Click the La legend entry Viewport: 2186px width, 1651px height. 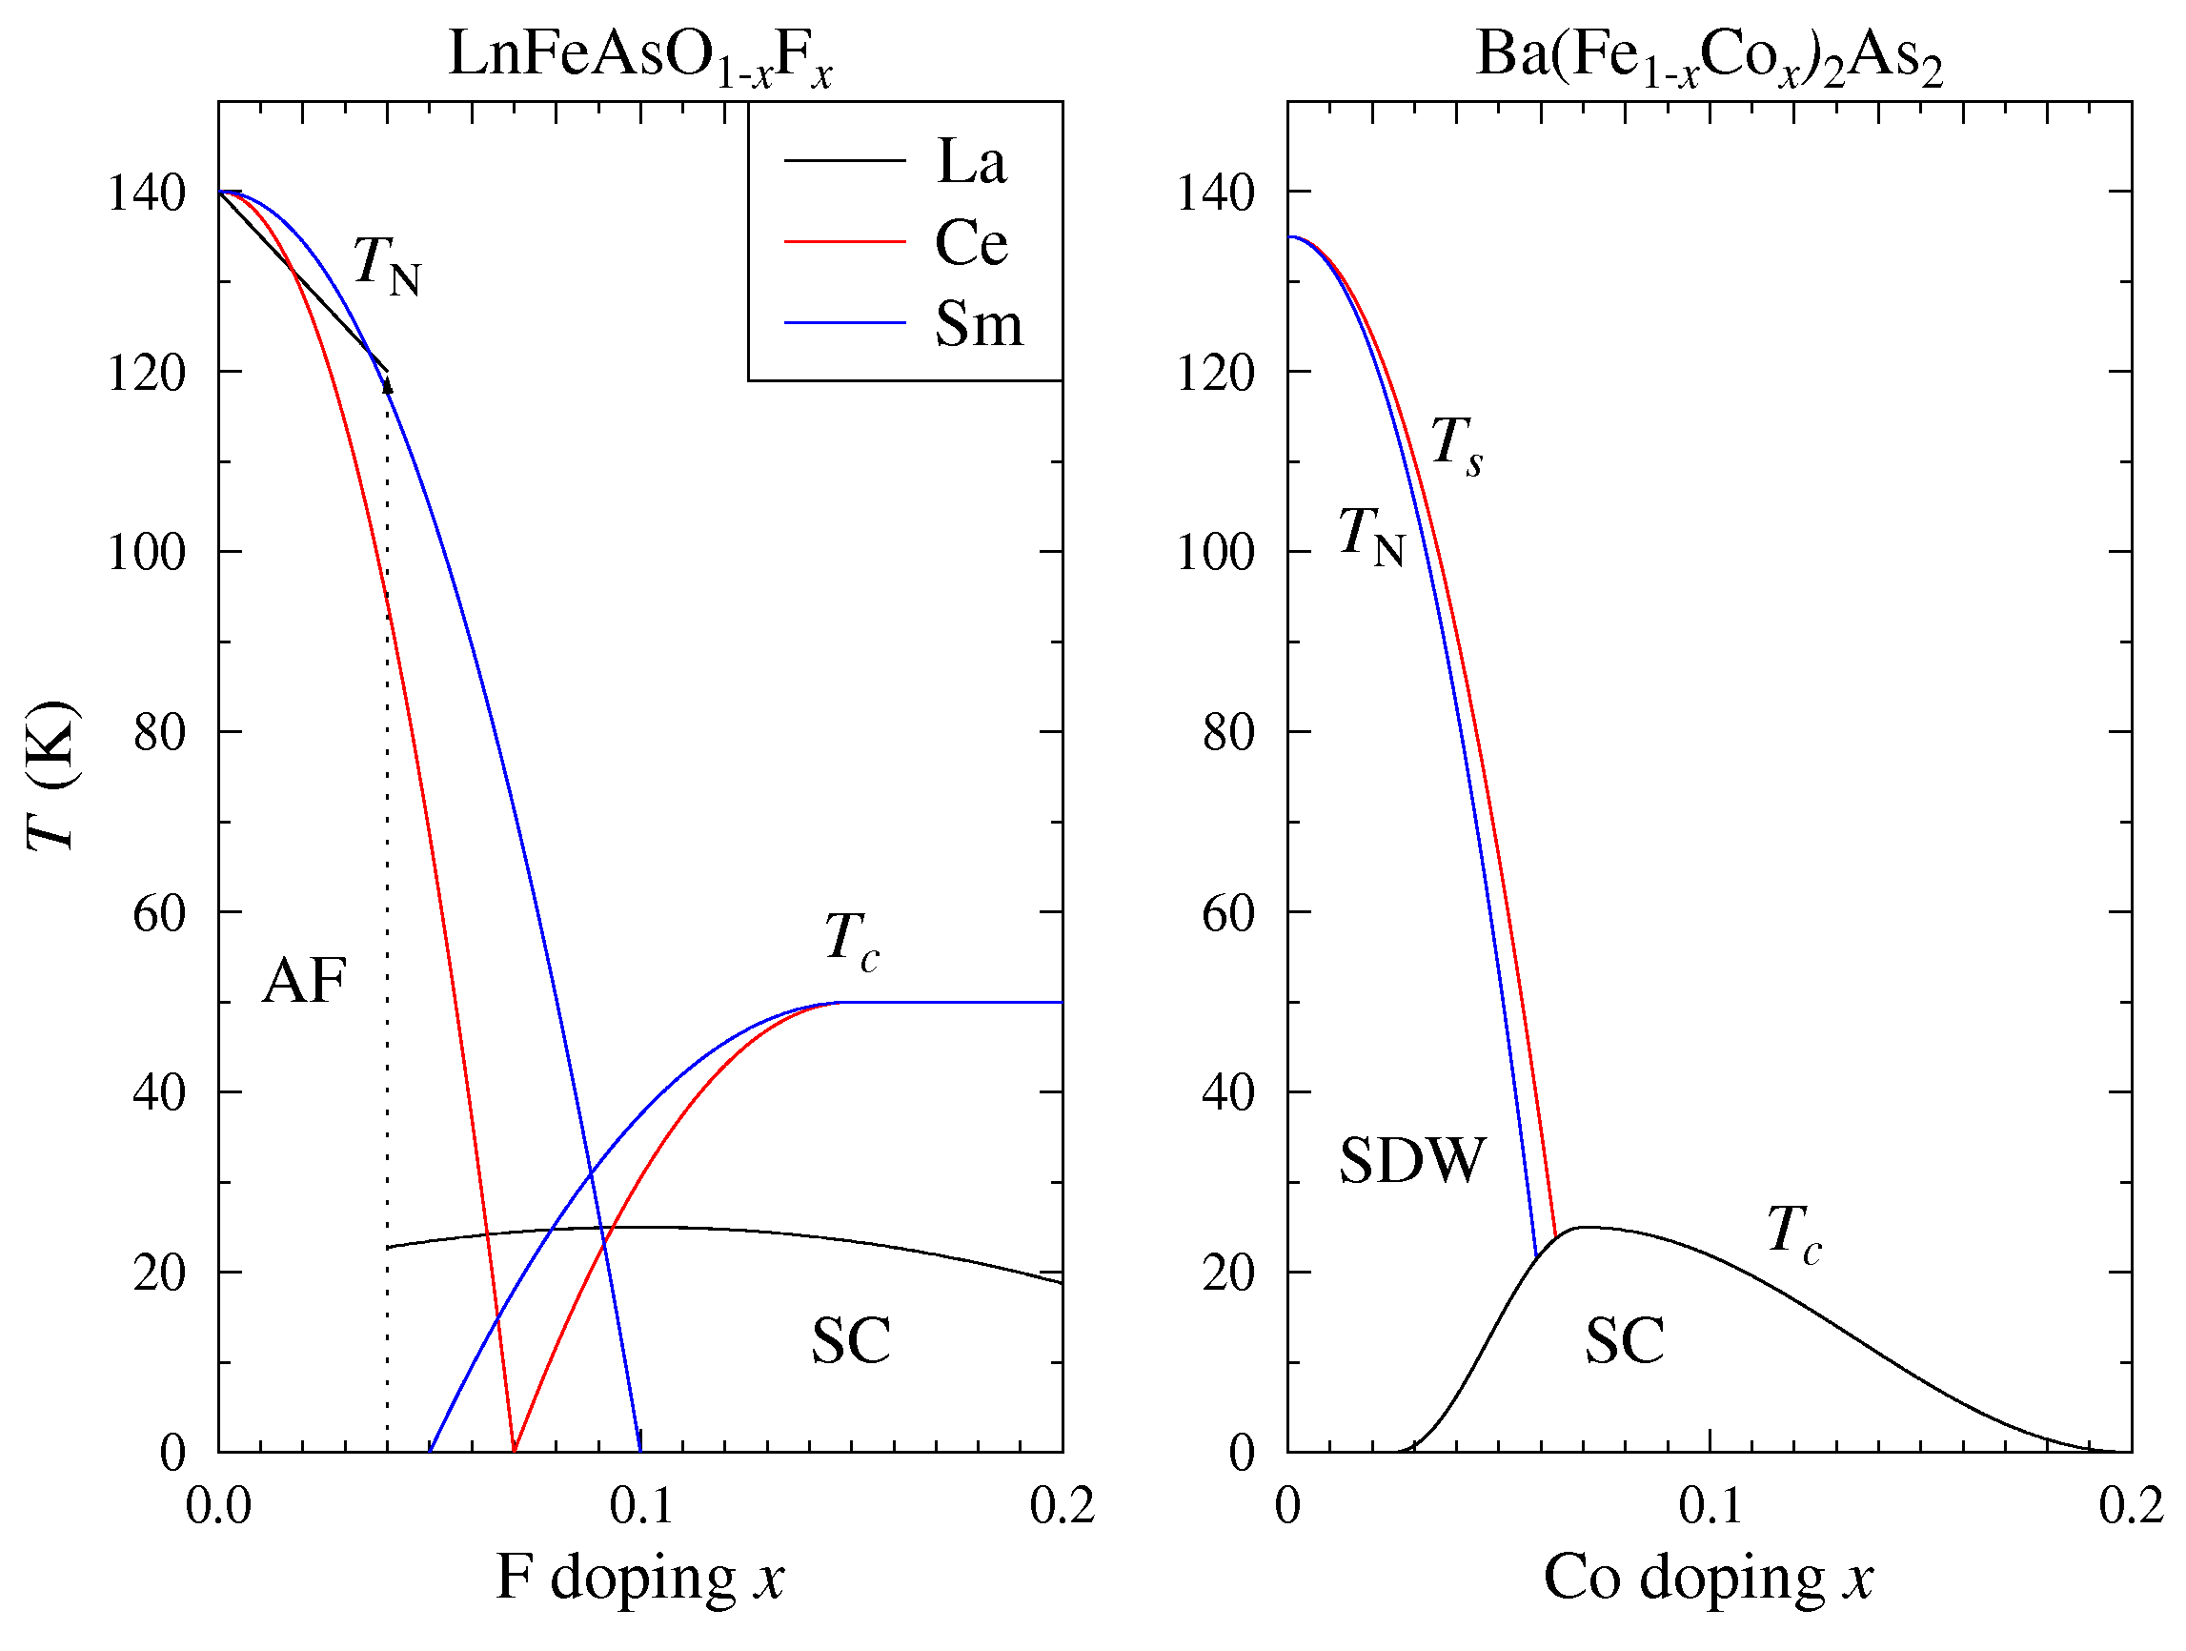coord(970,161)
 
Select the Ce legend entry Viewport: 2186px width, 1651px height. coord(970,242)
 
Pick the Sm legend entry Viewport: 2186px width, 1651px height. coord(979,323)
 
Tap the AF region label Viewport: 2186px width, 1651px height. coord(304,982)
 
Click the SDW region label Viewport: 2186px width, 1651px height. coord(1412,1160)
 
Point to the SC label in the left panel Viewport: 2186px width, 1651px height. coord(851,1340)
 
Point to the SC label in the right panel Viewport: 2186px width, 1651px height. coord(1625,1340)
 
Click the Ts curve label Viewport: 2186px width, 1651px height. coord(1457,444)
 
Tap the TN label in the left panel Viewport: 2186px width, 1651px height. coord(386,265)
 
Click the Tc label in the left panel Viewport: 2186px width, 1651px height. coord(851,941)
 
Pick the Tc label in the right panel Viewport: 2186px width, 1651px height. coord(1793,1234)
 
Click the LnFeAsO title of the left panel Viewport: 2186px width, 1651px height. coord(640,56)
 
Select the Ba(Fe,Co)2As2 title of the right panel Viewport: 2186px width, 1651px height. coord(1709,56)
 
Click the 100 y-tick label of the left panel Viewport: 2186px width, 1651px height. coord(146,552)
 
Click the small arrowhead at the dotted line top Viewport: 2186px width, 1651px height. coord(389,385)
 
